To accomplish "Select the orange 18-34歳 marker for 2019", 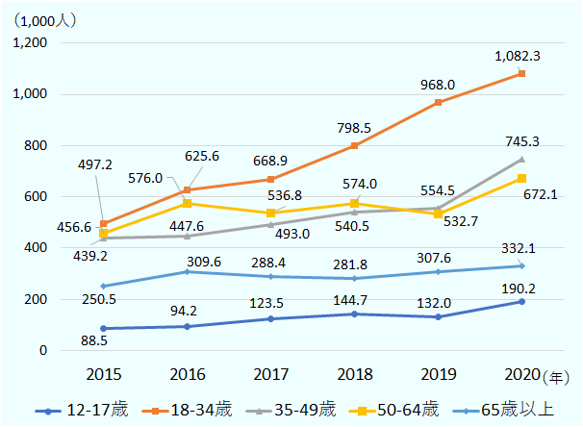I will (439, 102).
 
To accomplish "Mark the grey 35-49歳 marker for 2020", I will (522, 160).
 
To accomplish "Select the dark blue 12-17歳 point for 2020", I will (522, 302).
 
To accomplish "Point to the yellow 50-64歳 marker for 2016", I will (187, 204).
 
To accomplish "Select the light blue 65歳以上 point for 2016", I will (187, 272).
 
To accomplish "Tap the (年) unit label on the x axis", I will (555, 373).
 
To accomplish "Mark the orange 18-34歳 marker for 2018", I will (355, 146).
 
